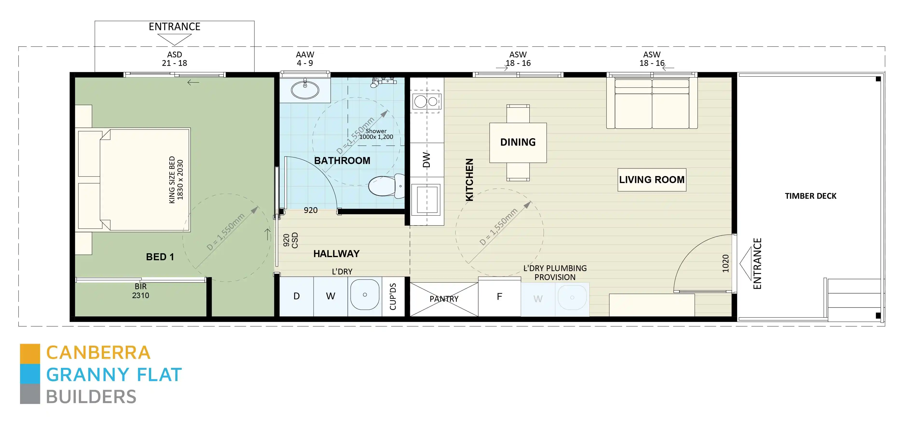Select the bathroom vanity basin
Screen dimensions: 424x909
point(305,89)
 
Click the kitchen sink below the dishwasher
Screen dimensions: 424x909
point(427,200)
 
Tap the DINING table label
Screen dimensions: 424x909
point(518,142)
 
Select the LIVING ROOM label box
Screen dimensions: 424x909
point(651,179)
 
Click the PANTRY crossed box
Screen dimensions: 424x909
point(444,299)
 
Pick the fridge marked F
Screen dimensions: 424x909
point(499,297)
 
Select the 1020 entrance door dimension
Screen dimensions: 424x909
point(725,263)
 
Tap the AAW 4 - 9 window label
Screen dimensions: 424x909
point(305,59)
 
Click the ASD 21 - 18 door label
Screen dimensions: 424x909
point(174,59)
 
